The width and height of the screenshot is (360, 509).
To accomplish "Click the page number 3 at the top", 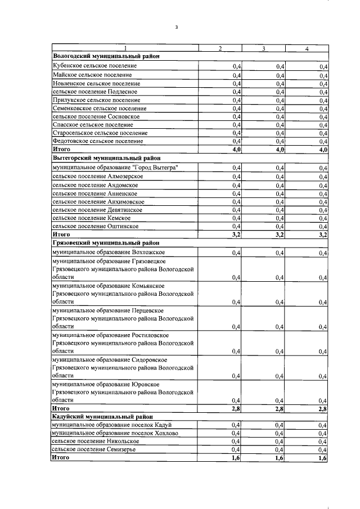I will [x=176, y=27].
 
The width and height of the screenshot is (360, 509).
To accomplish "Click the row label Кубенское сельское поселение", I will [x=94, y=66].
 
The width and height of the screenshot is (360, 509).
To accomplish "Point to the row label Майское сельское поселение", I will [x=92, y=75].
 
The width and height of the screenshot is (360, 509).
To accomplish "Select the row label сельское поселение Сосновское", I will [x=96, y=116].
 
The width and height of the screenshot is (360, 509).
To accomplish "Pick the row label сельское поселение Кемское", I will [x=91, y=218].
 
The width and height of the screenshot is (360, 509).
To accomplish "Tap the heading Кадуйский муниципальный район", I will [x=98, y=417].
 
